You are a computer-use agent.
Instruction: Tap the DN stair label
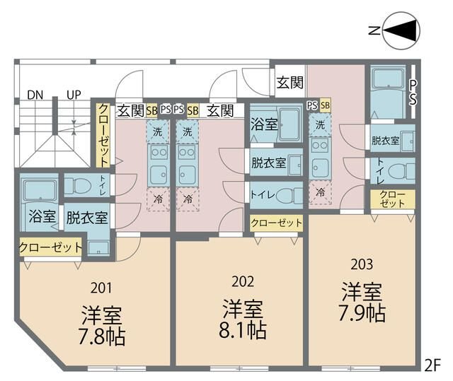tap(35, 95)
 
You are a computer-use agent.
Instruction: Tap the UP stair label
tap(74, 95)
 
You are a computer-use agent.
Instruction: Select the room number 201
tap(101, 288)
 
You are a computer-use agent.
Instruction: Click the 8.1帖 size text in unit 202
tap(242, 331)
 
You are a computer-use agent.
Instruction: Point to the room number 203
tap(362, 264)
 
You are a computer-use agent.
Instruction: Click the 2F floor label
tap(432, 365)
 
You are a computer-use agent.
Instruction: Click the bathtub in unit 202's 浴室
tap(289, 124)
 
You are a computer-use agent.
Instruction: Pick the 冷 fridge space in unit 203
tap(320, 193)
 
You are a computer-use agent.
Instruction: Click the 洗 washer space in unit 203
tap(320, 124)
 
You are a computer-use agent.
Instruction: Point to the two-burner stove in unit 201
tap(159, 153)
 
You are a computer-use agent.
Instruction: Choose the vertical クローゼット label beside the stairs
tap(103, 135)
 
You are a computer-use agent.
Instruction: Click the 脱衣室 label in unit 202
tap(269, 163)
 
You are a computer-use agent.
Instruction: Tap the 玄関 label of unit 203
tap(289, 83)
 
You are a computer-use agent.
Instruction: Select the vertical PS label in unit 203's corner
tap(413, 93)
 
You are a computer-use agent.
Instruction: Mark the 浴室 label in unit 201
tap(42, 216)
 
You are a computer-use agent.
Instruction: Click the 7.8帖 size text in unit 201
tap(102, 336)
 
